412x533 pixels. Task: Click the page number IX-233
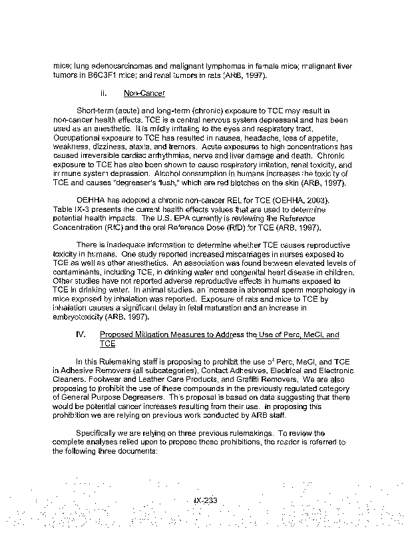pyautogui.click(x=204, y=502)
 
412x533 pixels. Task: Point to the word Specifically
pyautogui.click(x=98, y=433)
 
